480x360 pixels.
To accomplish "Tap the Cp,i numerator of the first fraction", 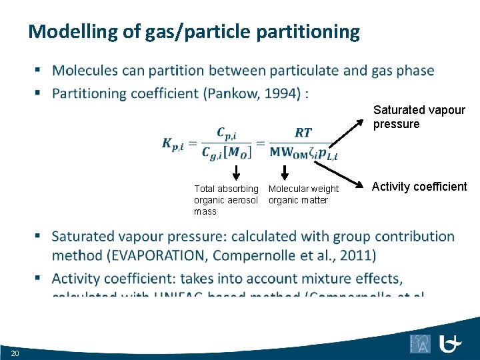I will click(x=229, y=133).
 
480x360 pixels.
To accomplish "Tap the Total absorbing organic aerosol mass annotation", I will click(x=225, y=200).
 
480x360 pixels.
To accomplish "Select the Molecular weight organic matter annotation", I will click(x=303, y=195).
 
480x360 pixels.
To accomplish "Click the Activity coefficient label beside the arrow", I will click(x=419, y=187).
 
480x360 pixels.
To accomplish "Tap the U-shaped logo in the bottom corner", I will click(x=452, y=344).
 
